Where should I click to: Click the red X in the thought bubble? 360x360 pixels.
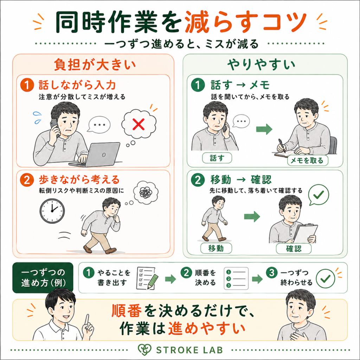coord(139,124)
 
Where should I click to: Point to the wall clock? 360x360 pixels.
coord(52,211)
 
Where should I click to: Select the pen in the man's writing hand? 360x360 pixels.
coord(282,146)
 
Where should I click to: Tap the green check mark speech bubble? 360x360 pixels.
coord(319,195)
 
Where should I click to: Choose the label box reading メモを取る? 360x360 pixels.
coord(307,160)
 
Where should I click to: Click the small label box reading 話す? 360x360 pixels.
coord(217,158)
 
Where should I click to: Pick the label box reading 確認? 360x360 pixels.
coord(294,249)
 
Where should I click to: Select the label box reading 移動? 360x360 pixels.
coord(216,248)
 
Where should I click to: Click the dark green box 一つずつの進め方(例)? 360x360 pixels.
coord(43,278)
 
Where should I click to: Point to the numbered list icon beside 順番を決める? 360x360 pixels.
coord(236,278)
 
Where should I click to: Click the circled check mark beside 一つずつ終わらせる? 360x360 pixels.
coord(325,278)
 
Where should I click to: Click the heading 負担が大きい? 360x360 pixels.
coord(95,65)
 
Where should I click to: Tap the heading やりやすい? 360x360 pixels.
coord(261,65)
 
